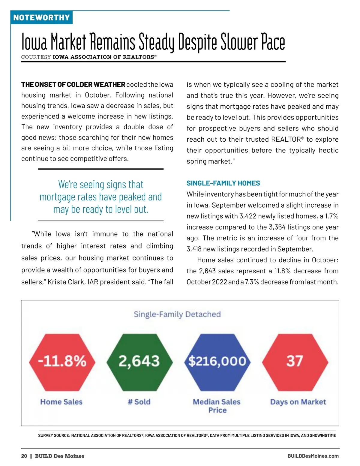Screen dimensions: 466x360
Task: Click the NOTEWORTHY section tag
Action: click(x=41, y=18)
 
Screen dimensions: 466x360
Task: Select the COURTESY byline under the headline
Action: click(x=89, y=57)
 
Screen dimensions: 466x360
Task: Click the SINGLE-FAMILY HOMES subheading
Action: click(x=223, y=183)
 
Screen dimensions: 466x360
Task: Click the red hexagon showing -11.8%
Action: click(x=62, y=362)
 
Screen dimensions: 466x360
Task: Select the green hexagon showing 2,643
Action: click(x=139, y=362)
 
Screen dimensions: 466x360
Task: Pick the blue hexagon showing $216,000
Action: click(x=217, y=362)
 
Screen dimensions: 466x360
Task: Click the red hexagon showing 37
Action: click(x=295, y=362)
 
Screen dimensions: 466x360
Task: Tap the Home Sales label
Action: click(x=61, y=402)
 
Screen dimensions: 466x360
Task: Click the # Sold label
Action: click(x=139, y=402)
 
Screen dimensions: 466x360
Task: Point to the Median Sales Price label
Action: click(x=217, y=406)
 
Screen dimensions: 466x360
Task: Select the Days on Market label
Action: click(x=298, y=402)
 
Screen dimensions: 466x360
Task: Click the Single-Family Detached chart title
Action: click(x=177, y=314)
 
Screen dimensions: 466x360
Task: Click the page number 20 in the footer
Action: click(x=24, y=456)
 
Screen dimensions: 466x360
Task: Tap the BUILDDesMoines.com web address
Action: click(x=313, y=456)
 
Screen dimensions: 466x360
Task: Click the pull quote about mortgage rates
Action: click(x=101, y=197)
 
